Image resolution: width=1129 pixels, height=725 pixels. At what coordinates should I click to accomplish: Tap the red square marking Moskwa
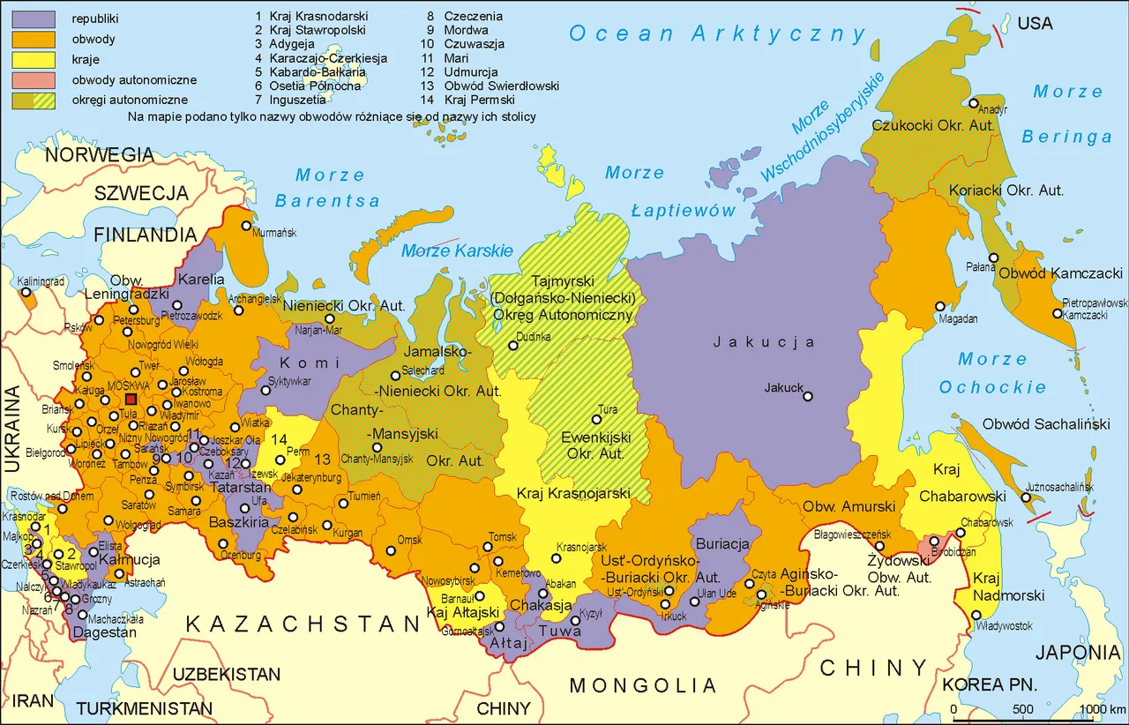click(x=131, y=400)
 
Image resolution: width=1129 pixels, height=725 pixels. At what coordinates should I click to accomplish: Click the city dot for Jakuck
click(x=807, y=397)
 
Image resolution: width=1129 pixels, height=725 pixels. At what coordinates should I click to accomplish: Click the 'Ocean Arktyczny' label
click(x=717, y=34)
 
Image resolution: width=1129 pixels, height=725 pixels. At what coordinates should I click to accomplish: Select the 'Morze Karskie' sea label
click(x=457, y=251)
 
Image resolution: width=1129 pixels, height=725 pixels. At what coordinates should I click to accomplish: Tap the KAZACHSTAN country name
click(x=303, y=624)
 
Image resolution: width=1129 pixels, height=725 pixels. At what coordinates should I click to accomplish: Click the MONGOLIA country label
click(x=642, y=684)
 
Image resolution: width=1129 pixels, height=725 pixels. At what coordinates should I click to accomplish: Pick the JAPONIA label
click(x=1078, y=653)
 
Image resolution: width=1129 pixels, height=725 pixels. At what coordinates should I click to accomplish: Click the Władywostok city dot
click(x=976, y=615)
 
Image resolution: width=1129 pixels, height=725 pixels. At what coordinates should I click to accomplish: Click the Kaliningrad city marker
click(x=27, y=292)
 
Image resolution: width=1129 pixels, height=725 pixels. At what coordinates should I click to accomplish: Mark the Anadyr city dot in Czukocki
click(x=973, y=103)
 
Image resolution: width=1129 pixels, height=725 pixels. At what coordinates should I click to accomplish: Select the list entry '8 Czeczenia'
click(x=473, y=16)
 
